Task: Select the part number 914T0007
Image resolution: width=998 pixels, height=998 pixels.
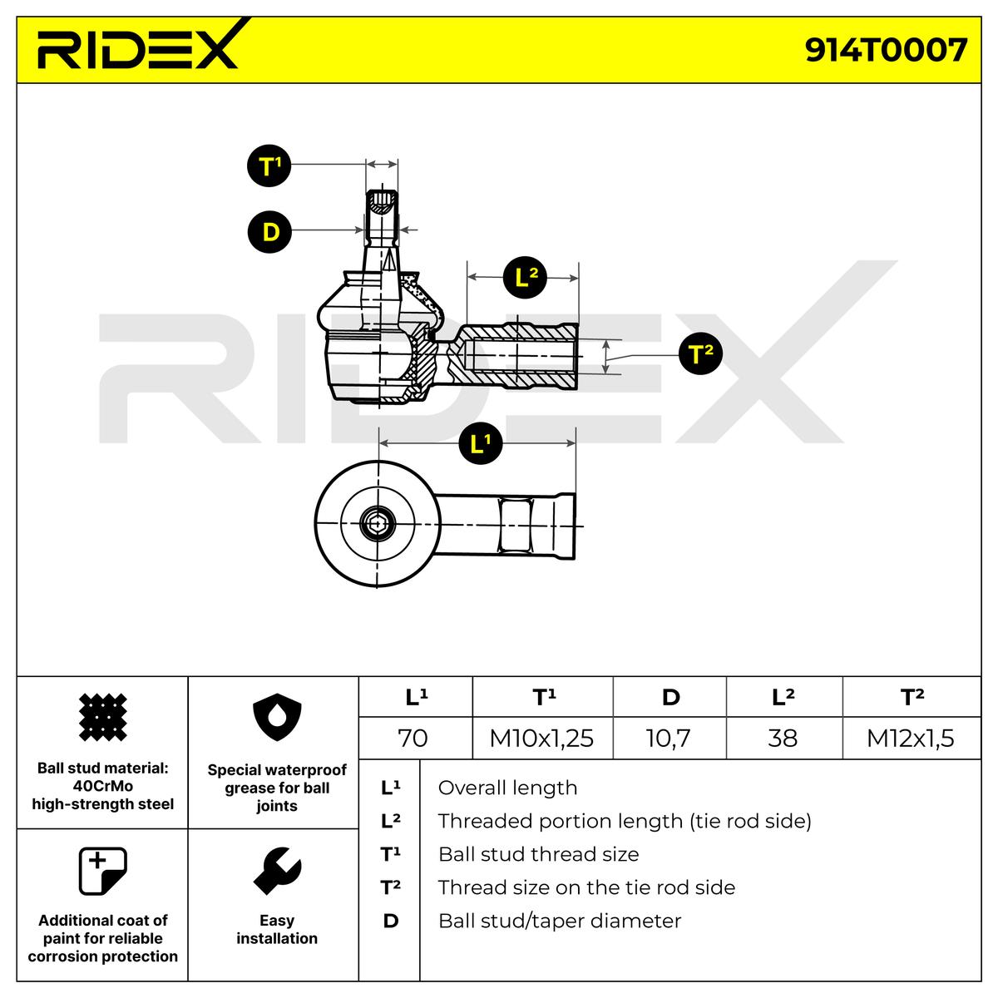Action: click(x=886, y=50)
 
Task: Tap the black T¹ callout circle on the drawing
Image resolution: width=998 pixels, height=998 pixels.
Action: click(x=269, y=166)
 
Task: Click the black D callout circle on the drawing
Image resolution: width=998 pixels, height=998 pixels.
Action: click(x=269, y=231)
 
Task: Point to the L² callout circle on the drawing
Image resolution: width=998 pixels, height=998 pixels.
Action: click(x=525, y=277)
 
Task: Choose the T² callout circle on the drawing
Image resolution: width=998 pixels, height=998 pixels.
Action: click(x=701, y=353)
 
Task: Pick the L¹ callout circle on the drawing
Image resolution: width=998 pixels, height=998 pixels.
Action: click(x=481, y=442)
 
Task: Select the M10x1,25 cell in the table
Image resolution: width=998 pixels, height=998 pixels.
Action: click(x=542, y=738)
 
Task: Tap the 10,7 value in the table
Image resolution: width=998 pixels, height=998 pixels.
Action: click(x=669, y=738)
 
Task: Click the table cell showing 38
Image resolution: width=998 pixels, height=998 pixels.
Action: click(x=784, y=738)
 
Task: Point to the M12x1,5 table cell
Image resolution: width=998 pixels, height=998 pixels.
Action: click(x=912, y=738)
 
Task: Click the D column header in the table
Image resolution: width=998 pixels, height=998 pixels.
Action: click(x=669, y=697)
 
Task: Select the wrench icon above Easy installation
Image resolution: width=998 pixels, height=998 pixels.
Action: click(x=278, y=871)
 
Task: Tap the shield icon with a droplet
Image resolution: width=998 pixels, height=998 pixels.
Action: click(x=277, y=717)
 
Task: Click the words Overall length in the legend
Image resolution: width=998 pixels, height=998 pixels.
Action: click(x=507, y=788)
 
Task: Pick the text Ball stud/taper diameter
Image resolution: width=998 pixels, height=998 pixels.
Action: click(x=560, y=921)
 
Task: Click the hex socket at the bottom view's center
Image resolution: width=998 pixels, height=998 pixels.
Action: click(x=378, y=525)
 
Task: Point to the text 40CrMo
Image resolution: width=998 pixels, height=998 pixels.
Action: click(x=103, y=786)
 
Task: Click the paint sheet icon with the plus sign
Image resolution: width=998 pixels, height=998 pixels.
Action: click(x=102, y=871)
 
